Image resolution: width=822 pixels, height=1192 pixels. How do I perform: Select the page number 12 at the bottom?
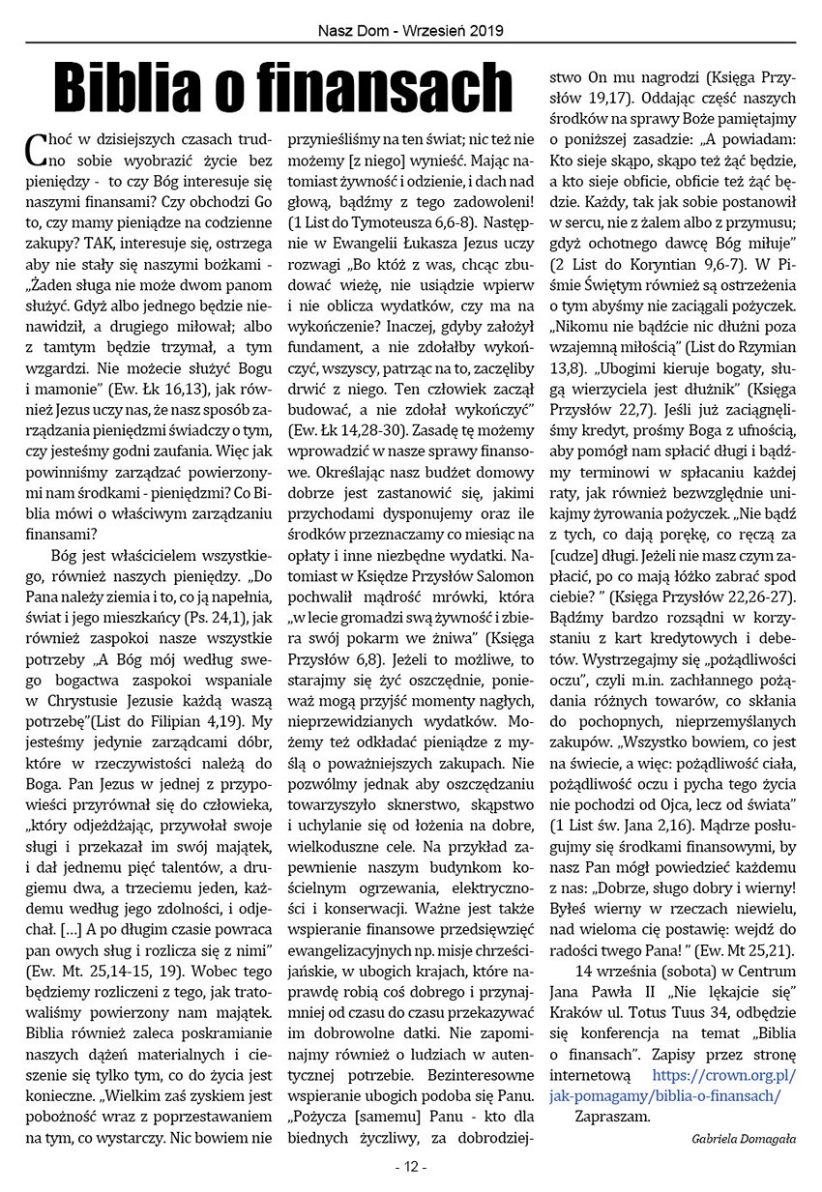(x=411, y=1167)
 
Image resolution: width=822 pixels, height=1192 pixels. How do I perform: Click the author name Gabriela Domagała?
(x=744, y=1139)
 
